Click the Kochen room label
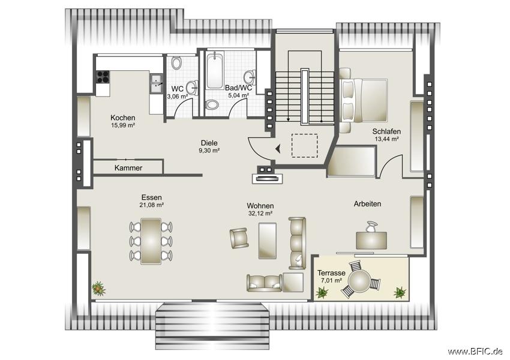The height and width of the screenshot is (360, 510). tap(122, 118)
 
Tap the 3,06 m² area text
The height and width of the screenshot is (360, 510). tap(177, 96)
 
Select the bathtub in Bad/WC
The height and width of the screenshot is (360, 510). tap(215, 71)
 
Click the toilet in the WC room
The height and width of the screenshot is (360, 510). tap(176, 63)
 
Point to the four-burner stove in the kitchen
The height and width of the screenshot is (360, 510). tap(103, 77)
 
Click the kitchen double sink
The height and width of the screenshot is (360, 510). tap(156, 83)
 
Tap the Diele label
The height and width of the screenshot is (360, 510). tap(209, 143)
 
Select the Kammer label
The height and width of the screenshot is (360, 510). tap(128, 168)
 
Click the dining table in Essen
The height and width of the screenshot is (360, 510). tap(151, 241)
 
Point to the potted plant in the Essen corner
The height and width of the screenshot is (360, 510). tap(98, 289)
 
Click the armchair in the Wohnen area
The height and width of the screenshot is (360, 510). tap(239, 238)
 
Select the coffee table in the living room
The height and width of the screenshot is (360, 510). tap(268, 241)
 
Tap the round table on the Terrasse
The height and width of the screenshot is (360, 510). tap(359, 281)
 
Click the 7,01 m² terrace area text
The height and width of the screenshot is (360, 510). tap(329, 281)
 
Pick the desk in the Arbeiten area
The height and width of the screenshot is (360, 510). tap(371, 241)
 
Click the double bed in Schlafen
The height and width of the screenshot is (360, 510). tap(364, 100)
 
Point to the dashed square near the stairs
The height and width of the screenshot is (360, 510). tap(304, 146)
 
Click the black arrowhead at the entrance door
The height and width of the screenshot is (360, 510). tap(278, 149)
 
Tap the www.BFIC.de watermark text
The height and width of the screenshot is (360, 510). tap(476, 351)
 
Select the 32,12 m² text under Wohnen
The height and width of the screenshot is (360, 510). tap(260, 214)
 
